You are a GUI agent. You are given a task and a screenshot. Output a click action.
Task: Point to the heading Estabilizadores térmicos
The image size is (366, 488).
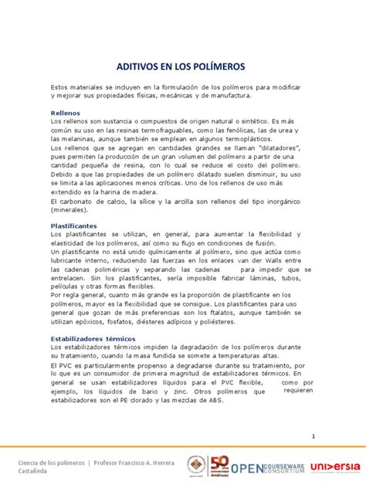coord(93,339)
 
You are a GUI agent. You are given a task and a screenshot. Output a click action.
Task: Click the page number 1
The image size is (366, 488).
coord(314,436)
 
